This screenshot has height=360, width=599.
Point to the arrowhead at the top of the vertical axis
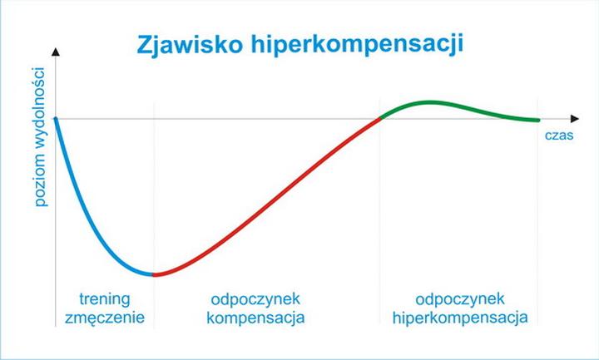click(x=56, y=52)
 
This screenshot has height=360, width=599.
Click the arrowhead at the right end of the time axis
click(x=575, y=118)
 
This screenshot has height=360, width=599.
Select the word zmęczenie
click(x=104, y=318)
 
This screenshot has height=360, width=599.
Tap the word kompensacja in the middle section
click(x=255, y=318)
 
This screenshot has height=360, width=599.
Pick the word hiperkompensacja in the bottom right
click(x=459, y=318)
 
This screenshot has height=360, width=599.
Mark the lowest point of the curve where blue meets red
click(x=153, y=274)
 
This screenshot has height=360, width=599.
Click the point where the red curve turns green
click(x=380, y=118)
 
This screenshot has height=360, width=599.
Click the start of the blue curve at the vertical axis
click(x=56, y=118)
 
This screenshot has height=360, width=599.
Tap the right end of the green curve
click(x=538, y=121)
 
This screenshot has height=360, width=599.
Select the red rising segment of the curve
click(x=275, y=208)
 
